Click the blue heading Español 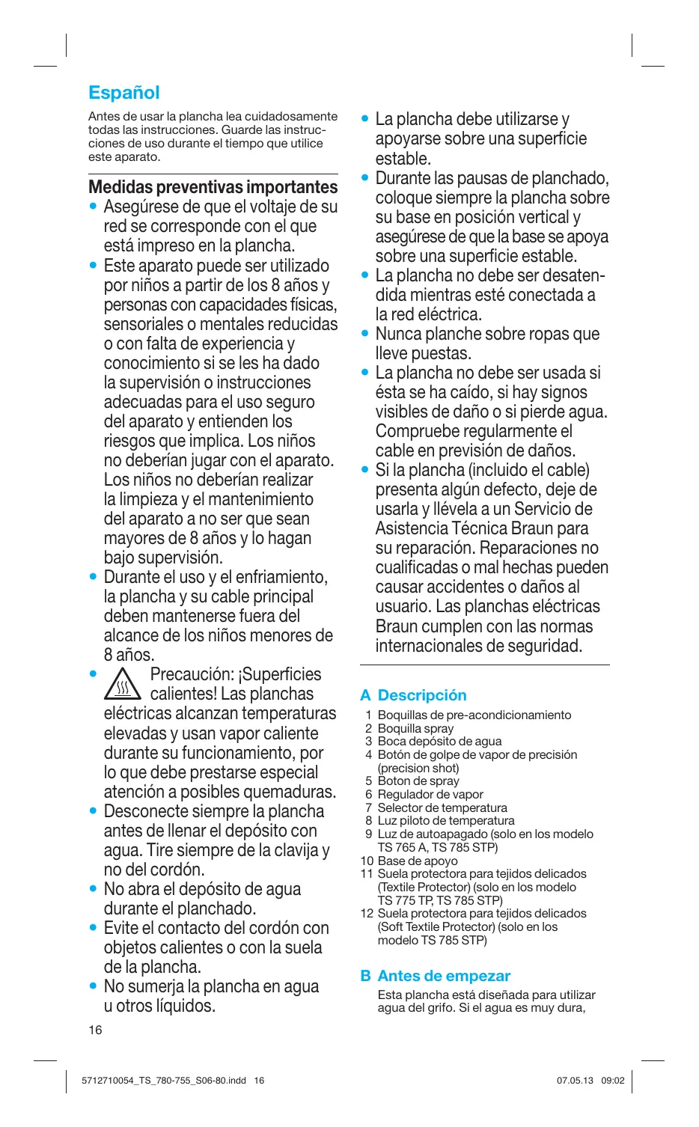tap(124, 93)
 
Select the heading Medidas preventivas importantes tap(213, 187)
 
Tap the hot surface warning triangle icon tap(123, 684)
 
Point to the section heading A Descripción tap(413, 695)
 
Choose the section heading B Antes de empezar tap(436, 976)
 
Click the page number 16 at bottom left tap(95, 1030)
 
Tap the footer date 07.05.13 tap(575, 1081)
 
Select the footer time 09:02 tap(613, 1081)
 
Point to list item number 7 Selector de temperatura tap(442, 807)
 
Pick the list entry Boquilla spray tap(415, 728)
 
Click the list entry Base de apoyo tap(418, 861)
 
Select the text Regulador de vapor tap(430, 794)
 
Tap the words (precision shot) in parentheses tap(418, 768)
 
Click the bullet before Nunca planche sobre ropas tap(365, 334)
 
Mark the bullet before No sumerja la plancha tap(93, 986)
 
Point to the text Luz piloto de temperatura tap(446, 820)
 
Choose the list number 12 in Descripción tap(367, 913)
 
